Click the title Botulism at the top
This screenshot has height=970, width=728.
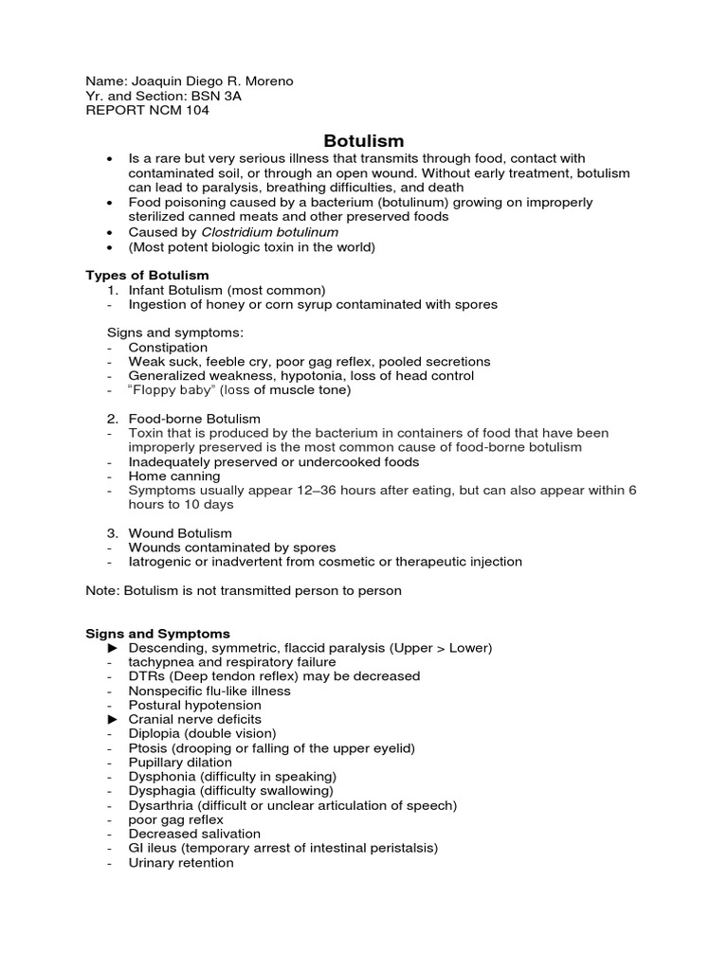click(364, 140)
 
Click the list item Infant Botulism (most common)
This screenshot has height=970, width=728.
click(227, 290)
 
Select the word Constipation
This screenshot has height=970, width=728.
click(168, 348)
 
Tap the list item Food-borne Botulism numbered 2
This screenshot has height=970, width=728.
click(194, 419)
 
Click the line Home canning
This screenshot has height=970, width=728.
click(174, 476)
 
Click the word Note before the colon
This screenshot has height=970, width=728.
click(101, 590)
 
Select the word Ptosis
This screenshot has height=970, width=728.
click(148, 748)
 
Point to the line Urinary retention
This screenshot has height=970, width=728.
click(181, 862)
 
